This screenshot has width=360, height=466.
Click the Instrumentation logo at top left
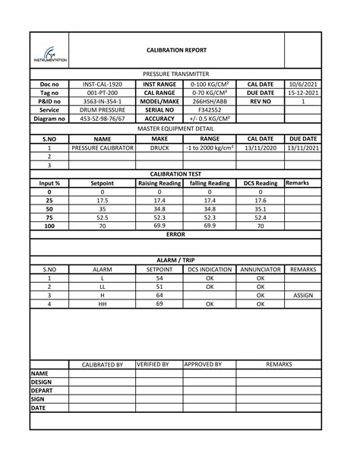pyautogui.click(x=49, y=53)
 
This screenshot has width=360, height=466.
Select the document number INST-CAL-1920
pyautogui.click(x=102, y=84)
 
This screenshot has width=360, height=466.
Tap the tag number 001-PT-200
pyautogui.click(x=102, y=93)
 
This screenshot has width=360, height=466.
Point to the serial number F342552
pyautogui.click(x=209, y=109)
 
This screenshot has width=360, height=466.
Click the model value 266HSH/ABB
pyautogui.click(x=209, y=101)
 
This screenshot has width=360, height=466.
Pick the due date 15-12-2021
pyautogui.click(x=305, y=93)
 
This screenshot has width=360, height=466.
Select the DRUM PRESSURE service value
pyautogui.click(x=102, y=109)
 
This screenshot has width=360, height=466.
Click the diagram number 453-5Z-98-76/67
pyautogui.click(x=102, y=119)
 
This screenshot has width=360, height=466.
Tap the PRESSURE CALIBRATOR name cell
pyautogui.click(x=102, y=148)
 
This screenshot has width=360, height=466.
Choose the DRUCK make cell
pyautogui.click(x=159, y=148)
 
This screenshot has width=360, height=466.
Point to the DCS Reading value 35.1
pyautogui.click(x=261, y=208)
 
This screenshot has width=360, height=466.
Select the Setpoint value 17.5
pyautogui.click(x=102, y=200)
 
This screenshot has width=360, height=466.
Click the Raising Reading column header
pyautogui.click(x=159, y=183)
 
